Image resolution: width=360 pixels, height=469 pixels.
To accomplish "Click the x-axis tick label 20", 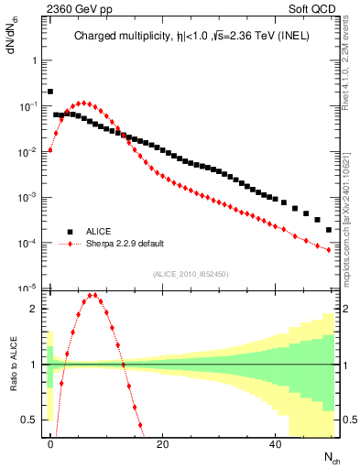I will click(x=163, y=444).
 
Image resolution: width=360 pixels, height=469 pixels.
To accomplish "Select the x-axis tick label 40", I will click(x=276, y=444).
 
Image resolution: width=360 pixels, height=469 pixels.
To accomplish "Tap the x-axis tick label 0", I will click(x=50, y=444).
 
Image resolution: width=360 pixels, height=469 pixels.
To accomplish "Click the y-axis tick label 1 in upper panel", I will click(x=34, y=60).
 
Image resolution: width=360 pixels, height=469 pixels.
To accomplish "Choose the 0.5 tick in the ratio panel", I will click(x=30, y=420).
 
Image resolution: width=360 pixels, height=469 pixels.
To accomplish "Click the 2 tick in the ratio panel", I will click(x=34, y=309).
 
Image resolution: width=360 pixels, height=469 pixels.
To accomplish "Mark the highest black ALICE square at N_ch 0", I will click(x=50, y=92).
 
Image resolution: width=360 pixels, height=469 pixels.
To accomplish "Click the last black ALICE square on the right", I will click(x=329, y=230).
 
